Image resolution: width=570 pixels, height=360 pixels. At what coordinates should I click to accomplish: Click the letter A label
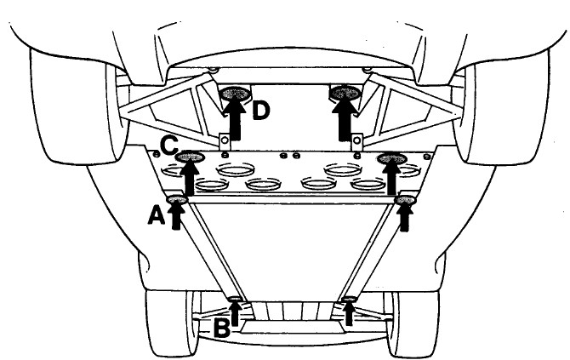[x=155, y=217]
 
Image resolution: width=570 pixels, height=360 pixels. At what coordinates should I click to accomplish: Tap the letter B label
[x=221, y=327]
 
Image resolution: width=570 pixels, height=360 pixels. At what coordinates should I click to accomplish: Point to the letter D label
[x=261, y=111]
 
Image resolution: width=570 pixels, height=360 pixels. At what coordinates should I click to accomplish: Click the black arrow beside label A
[x=176, y=215]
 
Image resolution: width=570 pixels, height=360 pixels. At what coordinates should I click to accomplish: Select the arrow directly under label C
[x=189, y=177]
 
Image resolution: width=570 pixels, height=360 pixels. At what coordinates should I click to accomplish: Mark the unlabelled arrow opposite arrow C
[x=391, y=177]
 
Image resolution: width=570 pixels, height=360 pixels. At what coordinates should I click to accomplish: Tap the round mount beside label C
[x=190, y=157]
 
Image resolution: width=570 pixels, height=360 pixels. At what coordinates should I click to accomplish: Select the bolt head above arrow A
[x=177, y=200]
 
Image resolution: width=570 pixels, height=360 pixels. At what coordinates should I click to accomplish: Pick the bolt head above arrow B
[x=235, y=298]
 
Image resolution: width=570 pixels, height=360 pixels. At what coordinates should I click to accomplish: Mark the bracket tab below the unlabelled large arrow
[x=358, y=141]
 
